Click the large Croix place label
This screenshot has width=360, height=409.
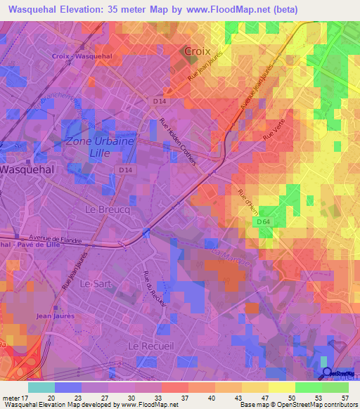(x=198, y=51)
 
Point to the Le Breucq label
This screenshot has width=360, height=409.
(x=103, y=209)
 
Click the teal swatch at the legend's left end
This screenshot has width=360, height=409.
(x=41, y=387)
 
